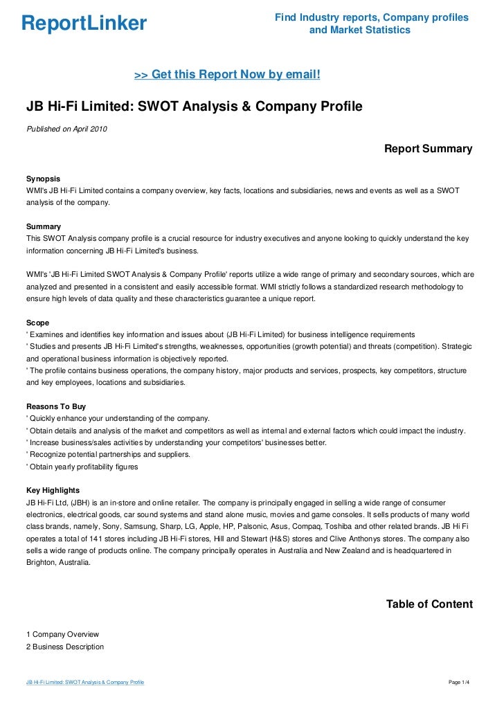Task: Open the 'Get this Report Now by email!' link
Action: pyautogui.click(x=227, y=74)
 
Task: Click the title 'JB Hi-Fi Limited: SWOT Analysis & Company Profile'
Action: pyautogui.click(x=194, y=107)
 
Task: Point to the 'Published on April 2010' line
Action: pyautogui.click(x=66, y=129)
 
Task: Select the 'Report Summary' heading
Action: pyautogui.click(x=428, y=148)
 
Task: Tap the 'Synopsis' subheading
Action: pyautogui.click(x=43, y=178)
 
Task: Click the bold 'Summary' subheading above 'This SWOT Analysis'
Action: pyautogui.click(x=43, y=226)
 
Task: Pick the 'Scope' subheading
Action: pyautogui.click(x=37, y=323)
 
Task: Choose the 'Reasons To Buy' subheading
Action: pyautogui.click(x=55, y=406)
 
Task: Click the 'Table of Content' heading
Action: pyautogui.click(x=429, y=604)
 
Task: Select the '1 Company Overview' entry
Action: pyautogui.click(x=62, y=634)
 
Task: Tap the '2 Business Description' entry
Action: pyautogui.click(x=65, y=647)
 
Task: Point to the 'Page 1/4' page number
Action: pyautogui.click(x=459, y=683)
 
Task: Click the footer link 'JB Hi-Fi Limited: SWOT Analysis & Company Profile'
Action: pyautogui.click(x=85, y=683)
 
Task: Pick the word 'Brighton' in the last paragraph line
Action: pyautogui.click(x=42, y=563)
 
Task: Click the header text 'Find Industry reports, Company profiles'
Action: pyautogui.click(x=371, y=17)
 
